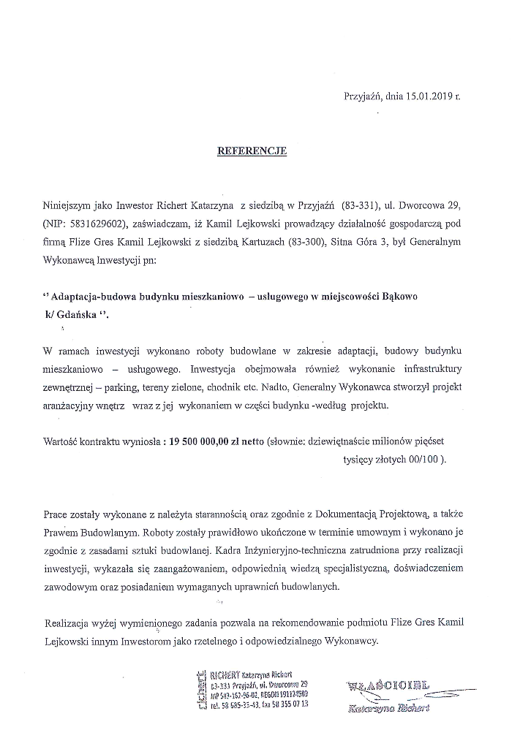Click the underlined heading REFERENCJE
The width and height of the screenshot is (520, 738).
tap(252, 151)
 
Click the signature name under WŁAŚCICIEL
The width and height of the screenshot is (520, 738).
tap(389, 707)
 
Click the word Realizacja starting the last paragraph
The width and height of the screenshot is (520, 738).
tap(69, 623)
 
